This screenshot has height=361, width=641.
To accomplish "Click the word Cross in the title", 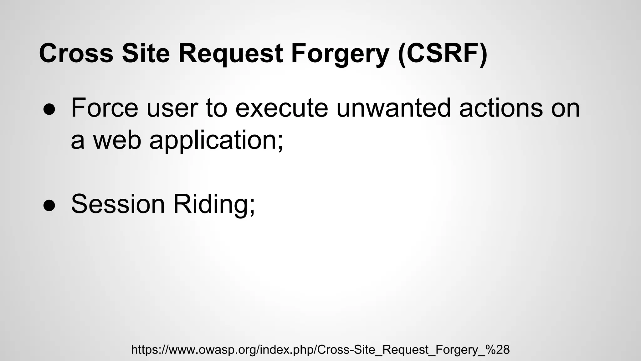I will (x=76, y=53).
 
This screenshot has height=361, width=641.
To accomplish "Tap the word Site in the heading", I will (x=146, y=53).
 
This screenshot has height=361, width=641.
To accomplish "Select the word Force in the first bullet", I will (x=105, y=108).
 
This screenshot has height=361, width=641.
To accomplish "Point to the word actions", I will (x=501, y=108).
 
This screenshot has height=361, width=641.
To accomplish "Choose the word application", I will (x=213, y=141).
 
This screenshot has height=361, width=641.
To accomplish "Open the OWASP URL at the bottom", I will (x=320, y=349).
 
